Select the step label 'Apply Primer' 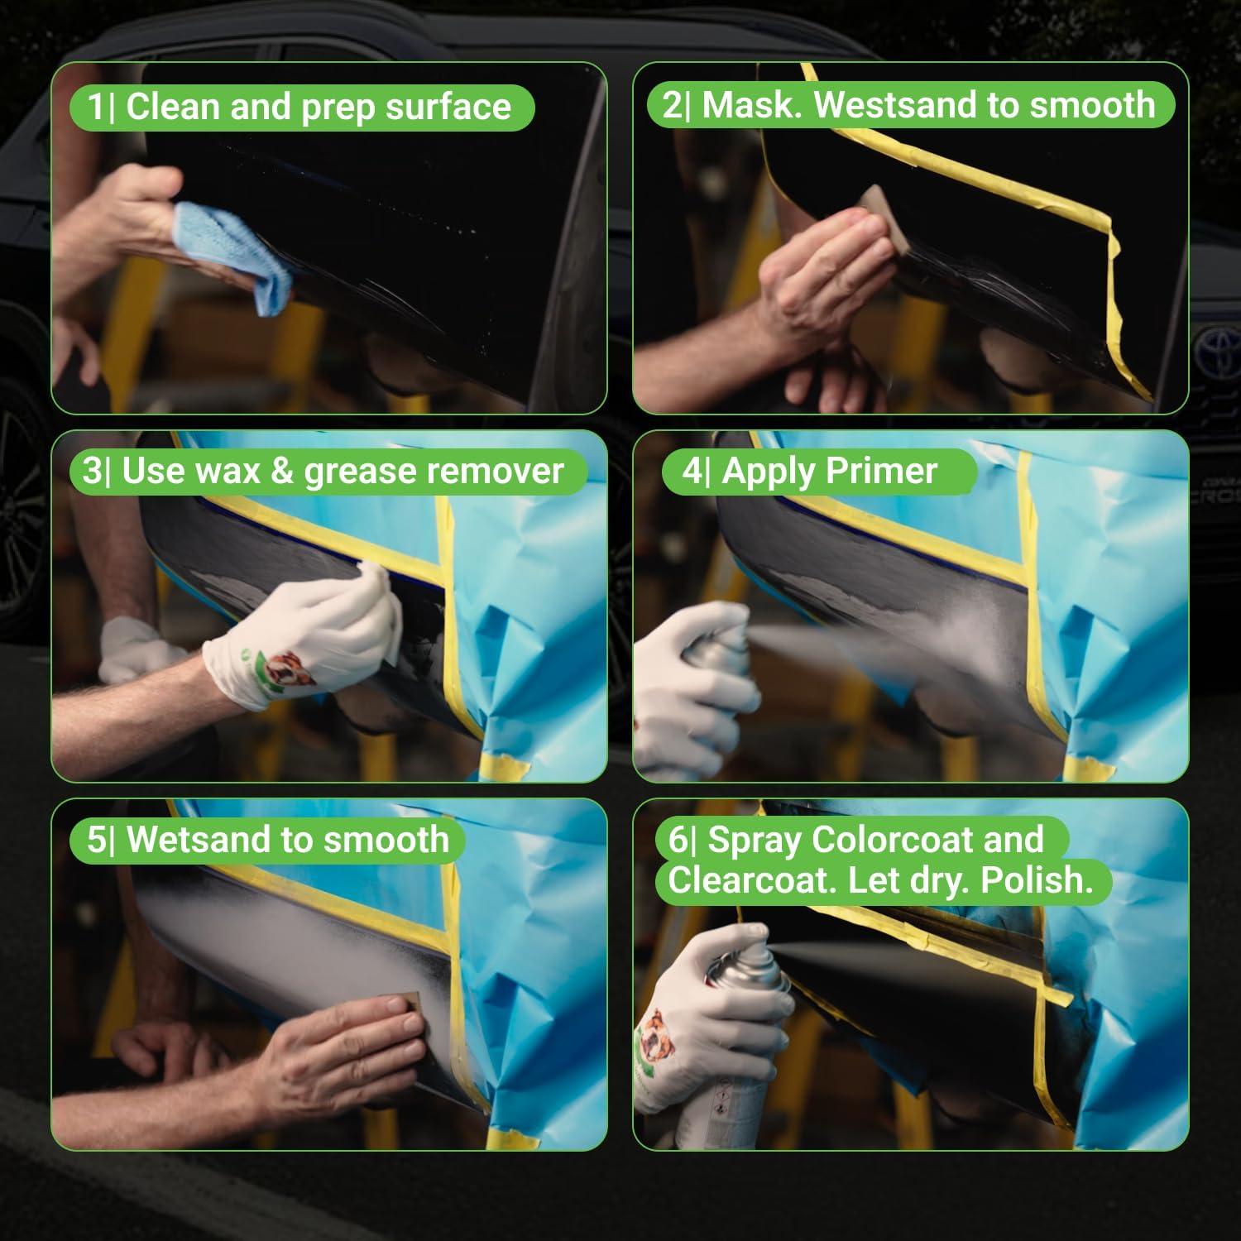[x=830, y=471]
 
